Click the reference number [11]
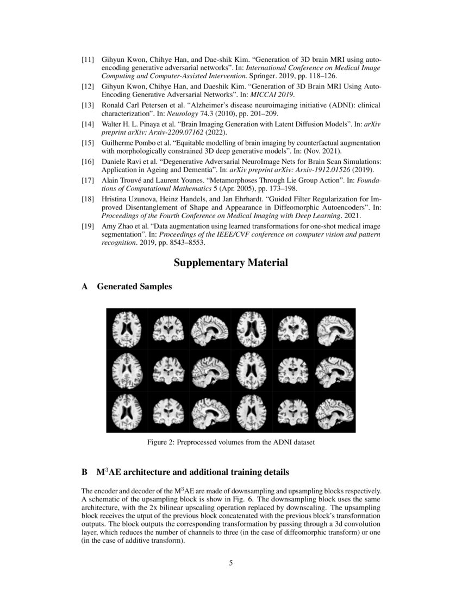[88, 59]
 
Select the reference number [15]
[88, 143]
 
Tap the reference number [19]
[88, 226]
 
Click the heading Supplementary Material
[230, 263]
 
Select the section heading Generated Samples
[134, 287]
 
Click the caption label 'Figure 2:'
[161, 442]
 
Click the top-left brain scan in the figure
[126, 329]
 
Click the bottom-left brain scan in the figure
[126, 411]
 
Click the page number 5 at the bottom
[231, 563]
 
